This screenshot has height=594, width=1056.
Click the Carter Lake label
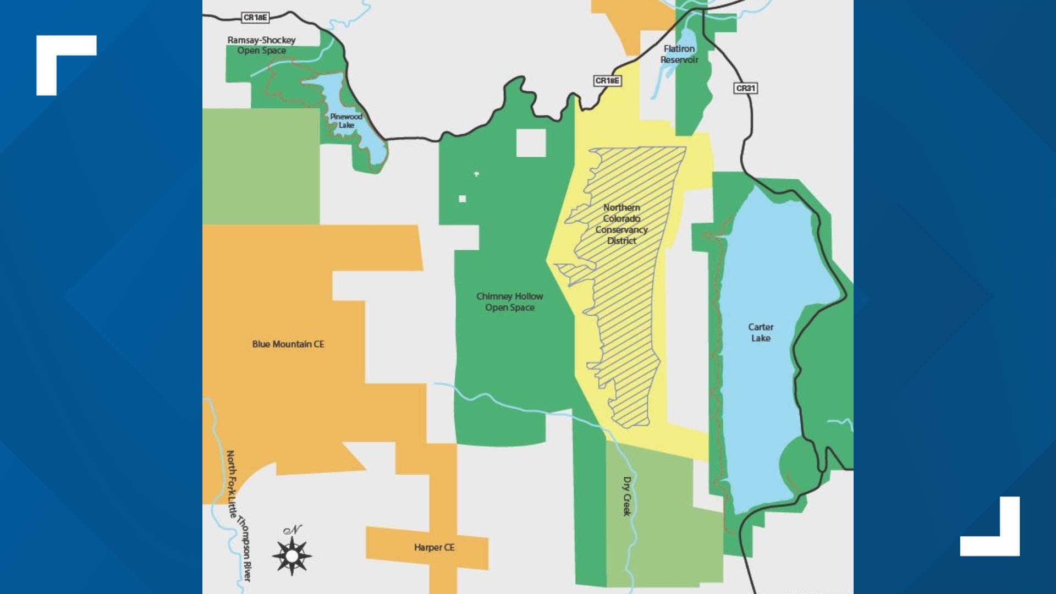pos(761,333)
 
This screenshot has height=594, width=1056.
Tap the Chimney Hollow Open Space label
pos(509,302)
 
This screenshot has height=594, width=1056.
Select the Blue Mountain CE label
pos(288,344)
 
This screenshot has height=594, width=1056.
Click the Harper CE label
pos(434,548)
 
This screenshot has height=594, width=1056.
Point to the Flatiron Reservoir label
pos(679,54)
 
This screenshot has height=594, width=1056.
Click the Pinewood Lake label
pos(346,121)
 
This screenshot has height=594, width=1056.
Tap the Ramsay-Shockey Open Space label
pos(261,45)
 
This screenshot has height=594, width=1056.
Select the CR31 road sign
pos(746,88)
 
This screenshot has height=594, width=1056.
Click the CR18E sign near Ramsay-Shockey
pos(255,18)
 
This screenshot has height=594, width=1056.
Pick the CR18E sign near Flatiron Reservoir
pos(607,81)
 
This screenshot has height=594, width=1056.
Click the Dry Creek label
pos(627,496)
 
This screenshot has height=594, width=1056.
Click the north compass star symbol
pos(292,556)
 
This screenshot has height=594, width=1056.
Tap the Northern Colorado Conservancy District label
pos(621,224)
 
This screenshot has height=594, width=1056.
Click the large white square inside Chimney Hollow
pos(531,143)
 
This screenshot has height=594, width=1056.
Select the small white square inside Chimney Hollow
pos(463,199)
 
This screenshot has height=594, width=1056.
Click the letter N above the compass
pos(293,530)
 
